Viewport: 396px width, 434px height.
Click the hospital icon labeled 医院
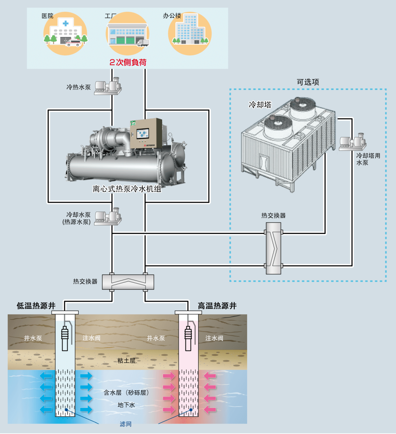65,33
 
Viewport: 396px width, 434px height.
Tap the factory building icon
127,34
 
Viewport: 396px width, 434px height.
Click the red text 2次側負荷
128,62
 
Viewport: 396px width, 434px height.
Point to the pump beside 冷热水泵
108,87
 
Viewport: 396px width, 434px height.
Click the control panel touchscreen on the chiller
142,134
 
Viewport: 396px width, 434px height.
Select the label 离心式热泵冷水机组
127,189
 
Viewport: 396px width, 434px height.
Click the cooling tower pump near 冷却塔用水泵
352,142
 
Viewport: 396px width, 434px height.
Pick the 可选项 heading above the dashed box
308,82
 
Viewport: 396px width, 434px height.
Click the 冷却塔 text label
260,105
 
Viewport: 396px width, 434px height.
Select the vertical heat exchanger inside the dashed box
274,249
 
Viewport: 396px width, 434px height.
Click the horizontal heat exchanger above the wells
128,282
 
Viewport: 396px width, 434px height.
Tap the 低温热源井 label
36,306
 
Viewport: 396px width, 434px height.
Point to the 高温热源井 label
217,306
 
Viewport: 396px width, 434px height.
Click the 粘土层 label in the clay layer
126,361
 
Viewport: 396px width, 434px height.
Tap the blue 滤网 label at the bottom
125,424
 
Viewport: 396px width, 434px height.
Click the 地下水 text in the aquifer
126,405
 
